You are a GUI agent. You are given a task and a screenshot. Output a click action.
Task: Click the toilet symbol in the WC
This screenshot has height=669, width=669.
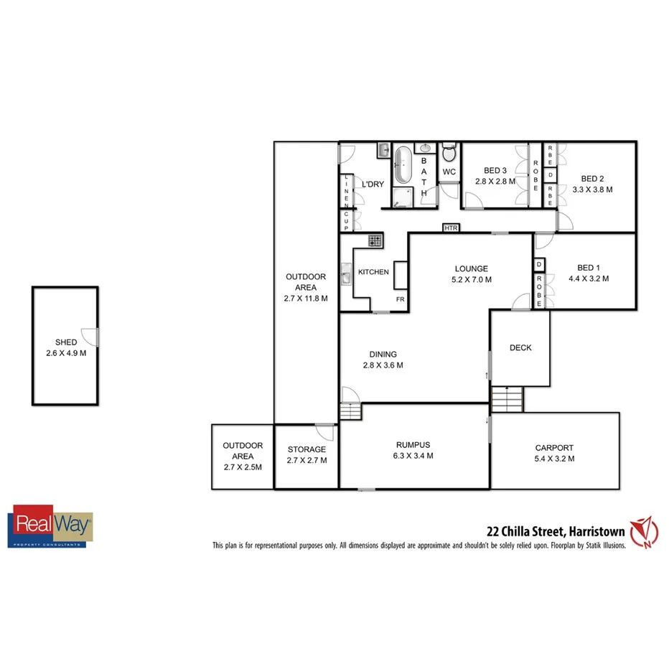pyautogui.click(x=449, y=153)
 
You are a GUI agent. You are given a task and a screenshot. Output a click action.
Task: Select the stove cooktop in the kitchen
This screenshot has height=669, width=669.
pyautogui.click(x=374, y=240)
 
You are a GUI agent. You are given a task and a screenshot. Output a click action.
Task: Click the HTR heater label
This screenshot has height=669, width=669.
pyautogui.click(x=451, y=228)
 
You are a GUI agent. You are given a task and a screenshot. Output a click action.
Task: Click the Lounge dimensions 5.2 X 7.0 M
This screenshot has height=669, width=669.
pyautogui.click(x=471, y=281)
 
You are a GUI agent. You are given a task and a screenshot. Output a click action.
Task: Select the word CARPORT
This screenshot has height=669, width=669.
pyautogui.click(x=554, y=447)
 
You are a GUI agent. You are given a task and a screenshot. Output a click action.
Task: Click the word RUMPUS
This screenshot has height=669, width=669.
pyautogui.click(x=413, y=444)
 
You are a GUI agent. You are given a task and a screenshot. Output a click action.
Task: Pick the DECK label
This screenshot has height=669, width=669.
pyautogui.click(x=520, y=348)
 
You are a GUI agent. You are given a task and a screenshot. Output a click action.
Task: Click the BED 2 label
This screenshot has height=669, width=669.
pyautogui.click(x=593, y=179)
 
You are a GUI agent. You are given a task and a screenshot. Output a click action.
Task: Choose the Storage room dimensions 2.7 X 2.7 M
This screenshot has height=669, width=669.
pyautogui.click(x=307, y=461)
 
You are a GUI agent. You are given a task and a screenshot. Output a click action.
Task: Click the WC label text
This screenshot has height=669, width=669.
pyautogui.click(x=449, y=172)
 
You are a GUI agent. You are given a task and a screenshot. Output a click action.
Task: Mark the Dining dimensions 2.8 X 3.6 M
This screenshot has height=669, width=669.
pyautogui.click(x=383, y=365)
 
